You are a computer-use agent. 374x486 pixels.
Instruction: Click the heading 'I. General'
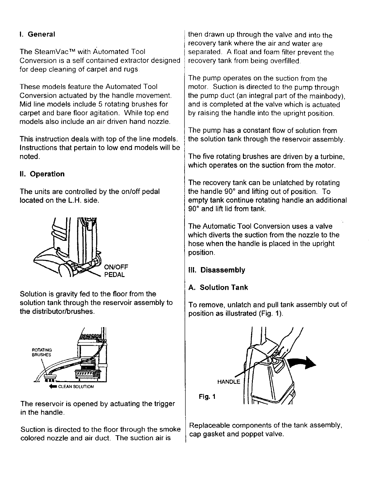click(37, 34)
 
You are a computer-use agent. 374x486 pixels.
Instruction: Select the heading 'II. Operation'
click(42, 174)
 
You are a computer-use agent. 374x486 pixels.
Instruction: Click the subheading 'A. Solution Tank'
click(218, 288)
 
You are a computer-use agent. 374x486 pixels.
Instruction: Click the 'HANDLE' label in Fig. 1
click(229, 382)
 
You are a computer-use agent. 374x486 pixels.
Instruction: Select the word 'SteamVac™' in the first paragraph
click(53, 52)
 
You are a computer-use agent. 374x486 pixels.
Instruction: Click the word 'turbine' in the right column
click(332, 157)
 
